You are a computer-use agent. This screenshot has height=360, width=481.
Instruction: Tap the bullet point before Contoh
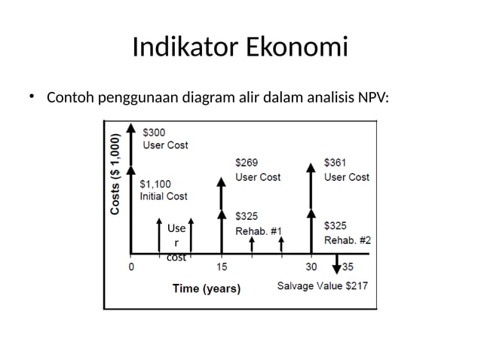pos(32,97)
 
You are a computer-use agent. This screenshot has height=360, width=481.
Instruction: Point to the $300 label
pos(154,133)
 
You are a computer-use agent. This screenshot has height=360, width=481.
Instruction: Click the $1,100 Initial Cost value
pos(156,184)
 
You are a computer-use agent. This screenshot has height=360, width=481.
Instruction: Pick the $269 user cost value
pos(247,163)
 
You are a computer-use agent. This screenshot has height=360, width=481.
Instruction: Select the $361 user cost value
pos(335,163)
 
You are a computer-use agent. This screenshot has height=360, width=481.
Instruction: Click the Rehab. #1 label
pos(259,230)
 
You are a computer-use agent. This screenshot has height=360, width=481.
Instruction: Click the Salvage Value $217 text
pos(323,285)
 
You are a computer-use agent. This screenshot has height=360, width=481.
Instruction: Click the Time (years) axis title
pos(206,288)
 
